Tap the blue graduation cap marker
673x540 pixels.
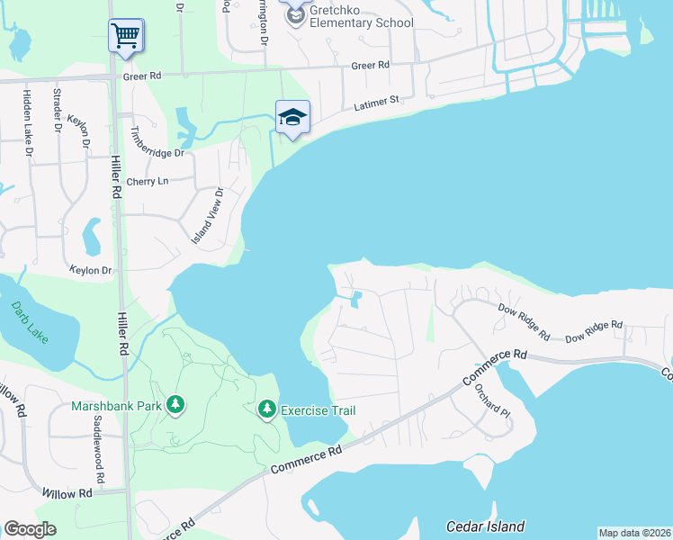click(x=292, y=117)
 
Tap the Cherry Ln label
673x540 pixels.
click(x=148, y=181)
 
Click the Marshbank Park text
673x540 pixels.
click(x=116, y=406)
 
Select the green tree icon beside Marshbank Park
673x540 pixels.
click(x=176, y=405)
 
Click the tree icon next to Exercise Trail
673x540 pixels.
click(x=266, y=410)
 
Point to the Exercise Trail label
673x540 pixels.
click(x=319, y=411)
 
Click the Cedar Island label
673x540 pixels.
click(x=485, y=526)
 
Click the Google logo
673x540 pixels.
click(x=30, y=528)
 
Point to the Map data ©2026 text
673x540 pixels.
click(x=634, y=533)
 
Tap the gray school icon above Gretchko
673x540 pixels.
click(x=295, y=13)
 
